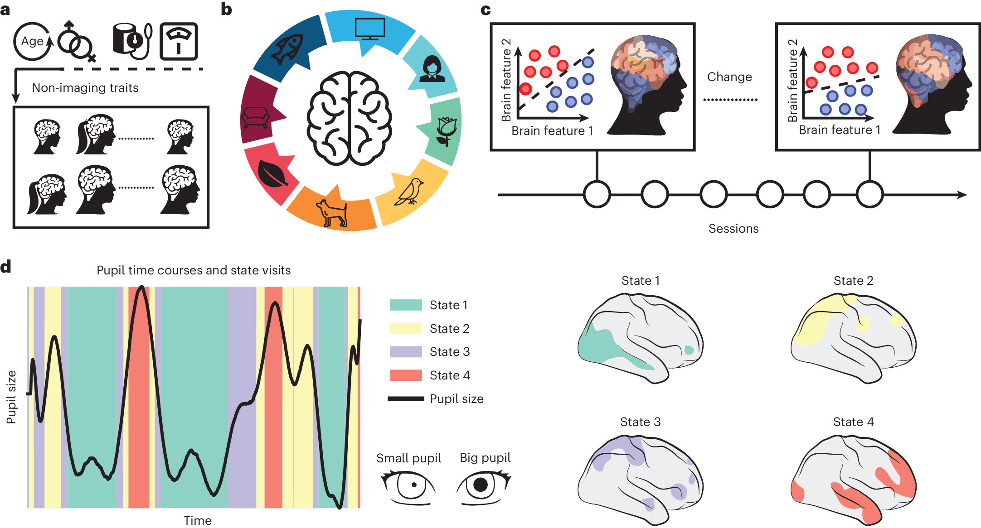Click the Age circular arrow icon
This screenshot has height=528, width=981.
pyautogui.click(x=33, y=41)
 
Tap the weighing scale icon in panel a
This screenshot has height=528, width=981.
pyautogui.click(x=179, y=41)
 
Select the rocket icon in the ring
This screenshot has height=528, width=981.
pyautogui.click(x=287, y=49)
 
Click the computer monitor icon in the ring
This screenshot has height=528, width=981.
pyautogui.click(x=369, y=29)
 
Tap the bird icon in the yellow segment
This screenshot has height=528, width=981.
pyautogui.click(x=411, y=191)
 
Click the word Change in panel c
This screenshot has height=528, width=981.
pyautogui.click(x=729, y=77)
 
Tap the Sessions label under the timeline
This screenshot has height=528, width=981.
pyautogui.click(x=733, y=229)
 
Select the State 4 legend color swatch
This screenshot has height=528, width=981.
pyautogui.click(x=406, y=375)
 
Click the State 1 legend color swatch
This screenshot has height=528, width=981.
pyautogui.click(x=406, y=305)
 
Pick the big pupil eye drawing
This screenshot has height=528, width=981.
pyautogui.click(x=483, y=487)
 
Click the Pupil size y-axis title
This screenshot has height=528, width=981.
pyautogui.click(x=11, y=397)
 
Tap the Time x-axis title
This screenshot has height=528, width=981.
pyautogui.click(x=197, y=520)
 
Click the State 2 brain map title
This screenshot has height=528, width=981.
pyautogui.click(x=853, y=281)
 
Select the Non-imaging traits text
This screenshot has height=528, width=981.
pyautogui.click(x=85, y=88)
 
